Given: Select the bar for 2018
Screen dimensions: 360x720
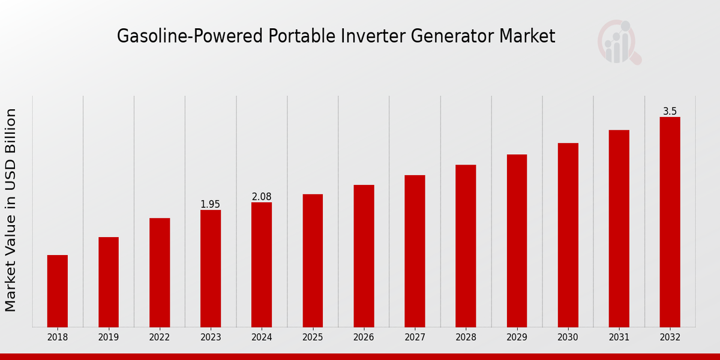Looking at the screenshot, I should tap(58, 291).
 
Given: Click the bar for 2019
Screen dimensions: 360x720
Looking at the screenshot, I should tap(109, 282).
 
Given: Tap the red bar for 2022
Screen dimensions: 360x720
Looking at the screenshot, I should tap(160, 272).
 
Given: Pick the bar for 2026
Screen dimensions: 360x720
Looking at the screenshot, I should tap(364, 256).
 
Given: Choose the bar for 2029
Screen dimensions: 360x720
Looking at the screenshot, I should tap(517, 241).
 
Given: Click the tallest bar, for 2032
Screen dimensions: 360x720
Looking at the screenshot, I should tap(670, 222).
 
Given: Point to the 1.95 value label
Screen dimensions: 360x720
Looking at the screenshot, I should tap(211, 205).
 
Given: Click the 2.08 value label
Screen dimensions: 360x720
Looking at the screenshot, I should tap(262, 197).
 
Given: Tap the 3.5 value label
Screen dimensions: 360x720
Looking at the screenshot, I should tap(670, 112).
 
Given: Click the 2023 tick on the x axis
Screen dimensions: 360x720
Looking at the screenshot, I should tap(211, 338).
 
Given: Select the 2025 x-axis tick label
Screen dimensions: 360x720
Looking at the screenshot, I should tap(313, 338).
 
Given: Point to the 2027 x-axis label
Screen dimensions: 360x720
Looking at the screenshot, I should tap(415, 338).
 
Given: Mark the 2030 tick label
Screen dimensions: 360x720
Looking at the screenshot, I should tap(568, 338).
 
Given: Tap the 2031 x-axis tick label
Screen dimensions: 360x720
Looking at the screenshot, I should tap(619, 338).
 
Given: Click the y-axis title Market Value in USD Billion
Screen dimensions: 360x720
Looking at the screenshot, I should tap(11, 210).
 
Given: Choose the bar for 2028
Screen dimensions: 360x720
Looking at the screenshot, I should tap(466, 246).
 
